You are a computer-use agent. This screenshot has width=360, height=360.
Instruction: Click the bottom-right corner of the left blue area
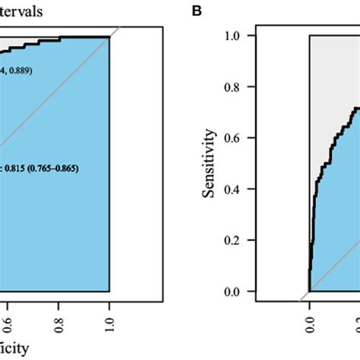pos(110,291)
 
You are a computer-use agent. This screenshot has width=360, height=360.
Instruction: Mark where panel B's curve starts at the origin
pos(309,291)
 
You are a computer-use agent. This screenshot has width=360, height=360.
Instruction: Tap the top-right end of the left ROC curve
pos(110,36)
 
